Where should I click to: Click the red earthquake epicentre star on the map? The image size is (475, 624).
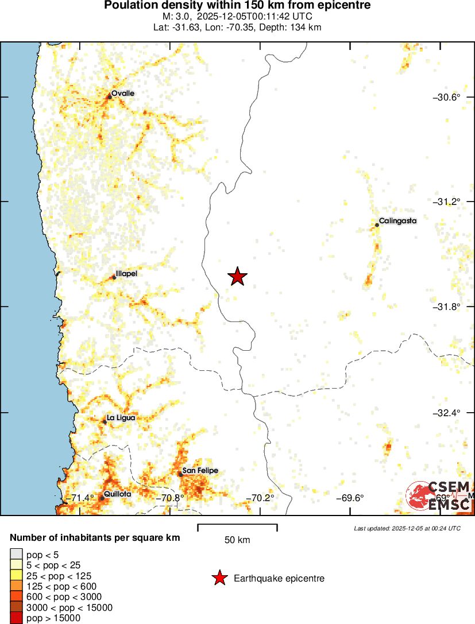(x=237, y=276)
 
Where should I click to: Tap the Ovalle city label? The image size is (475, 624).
(x=123, y=93)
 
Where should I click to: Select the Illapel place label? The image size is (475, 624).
(x=126, y=274)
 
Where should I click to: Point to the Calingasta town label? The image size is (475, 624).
(x=397, y=220)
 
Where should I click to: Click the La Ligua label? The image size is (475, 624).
(x=121, y=418)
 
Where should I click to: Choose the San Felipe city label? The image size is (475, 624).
(x=200, y=471)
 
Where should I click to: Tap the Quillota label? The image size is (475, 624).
(x=118, y=494)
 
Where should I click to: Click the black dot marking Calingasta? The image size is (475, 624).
(x=377, y=225)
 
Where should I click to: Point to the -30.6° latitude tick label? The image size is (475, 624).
(x=446, y=97)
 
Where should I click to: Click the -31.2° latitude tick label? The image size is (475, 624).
(x=446, y=201)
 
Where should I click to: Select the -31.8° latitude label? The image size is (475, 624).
(x=446, y=307)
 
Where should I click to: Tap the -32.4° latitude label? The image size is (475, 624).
(x=446, y=413)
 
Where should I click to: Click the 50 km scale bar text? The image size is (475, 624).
(x=237, y=540)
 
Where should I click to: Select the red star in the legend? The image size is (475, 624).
(x=219, y=578)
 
